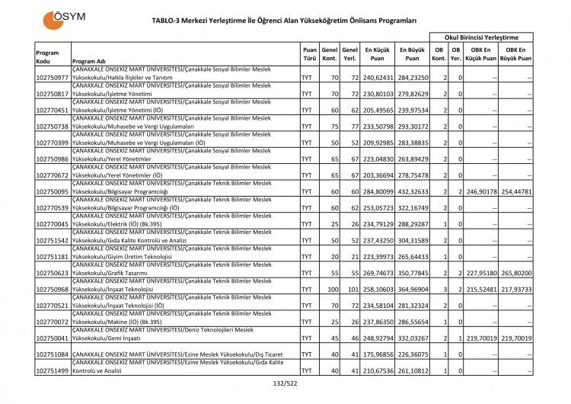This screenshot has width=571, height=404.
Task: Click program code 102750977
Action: tap(52, 79)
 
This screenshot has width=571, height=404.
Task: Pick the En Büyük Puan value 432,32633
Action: tap(412, 193)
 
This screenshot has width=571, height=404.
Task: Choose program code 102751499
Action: tap(52, 370)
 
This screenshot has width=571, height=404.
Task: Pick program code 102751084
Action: tap(52, 354)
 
